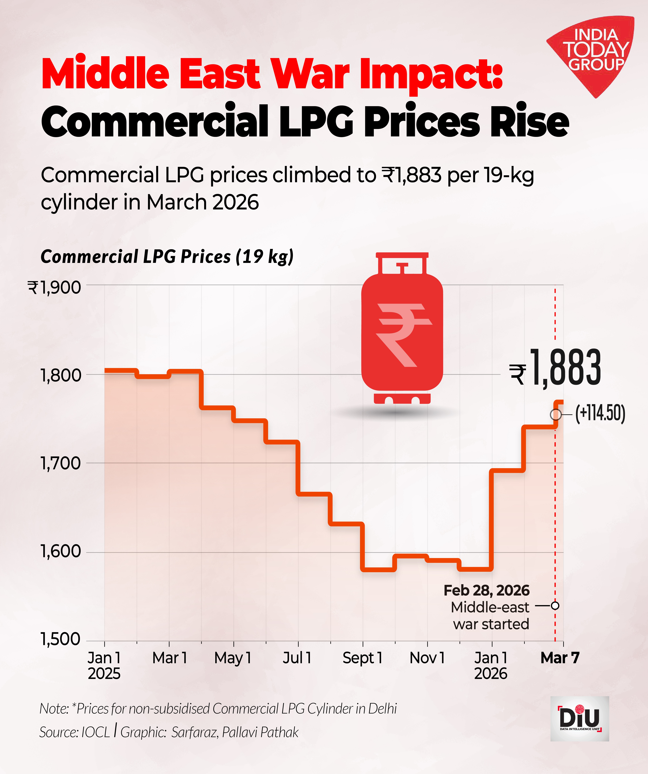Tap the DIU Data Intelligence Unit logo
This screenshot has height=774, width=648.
tap(579, 719)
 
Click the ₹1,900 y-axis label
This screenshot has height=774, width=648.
tap(54, 288)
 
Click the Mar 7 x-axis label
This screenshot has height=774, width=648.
tap(560, 657)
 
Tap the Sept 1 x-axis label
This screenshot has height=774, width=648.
tap(362, 657)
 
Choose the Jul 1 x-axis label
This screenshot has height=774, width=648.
tap(297, 657)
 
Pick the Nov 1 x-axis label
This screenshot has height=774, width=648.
tap(427, 657)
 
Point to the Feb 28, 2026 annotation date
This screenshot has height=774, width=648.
tap(487, 590)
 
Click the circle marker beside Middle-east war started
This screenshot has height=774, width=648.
tap(555, 606)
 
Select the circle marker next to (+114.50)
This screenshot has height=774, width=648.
tap(556, 415)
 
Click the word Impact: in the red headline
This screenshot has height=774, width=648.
tap(431, 74)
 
